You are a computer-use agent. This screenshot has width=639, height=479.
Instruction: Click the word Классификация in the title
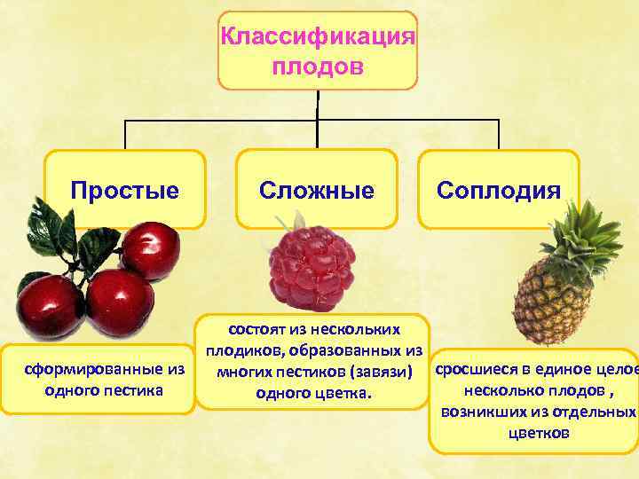[x=317, y=37]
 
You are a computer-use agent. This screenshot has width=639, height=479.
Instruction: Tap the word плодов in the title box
[x=317, y=67]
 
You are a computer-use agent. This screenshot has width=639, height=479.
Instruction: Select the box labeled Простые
[x=125, y=190]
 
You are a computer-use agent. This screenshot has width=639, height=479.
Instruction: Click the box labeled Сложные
[x=316, y=190]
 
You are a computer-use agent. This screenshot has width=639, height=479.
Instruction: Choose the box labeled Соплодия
[x=499, y=190]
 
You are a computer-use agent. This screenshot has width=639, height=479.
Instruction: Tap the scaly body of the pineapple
[x=552, y=296]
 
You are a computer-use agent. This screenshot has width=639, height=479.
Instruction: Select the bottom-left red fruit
[x=51, y=306]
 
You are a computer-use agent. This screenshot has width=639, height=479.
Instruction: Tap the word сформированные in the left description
[x=97, y=368]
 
